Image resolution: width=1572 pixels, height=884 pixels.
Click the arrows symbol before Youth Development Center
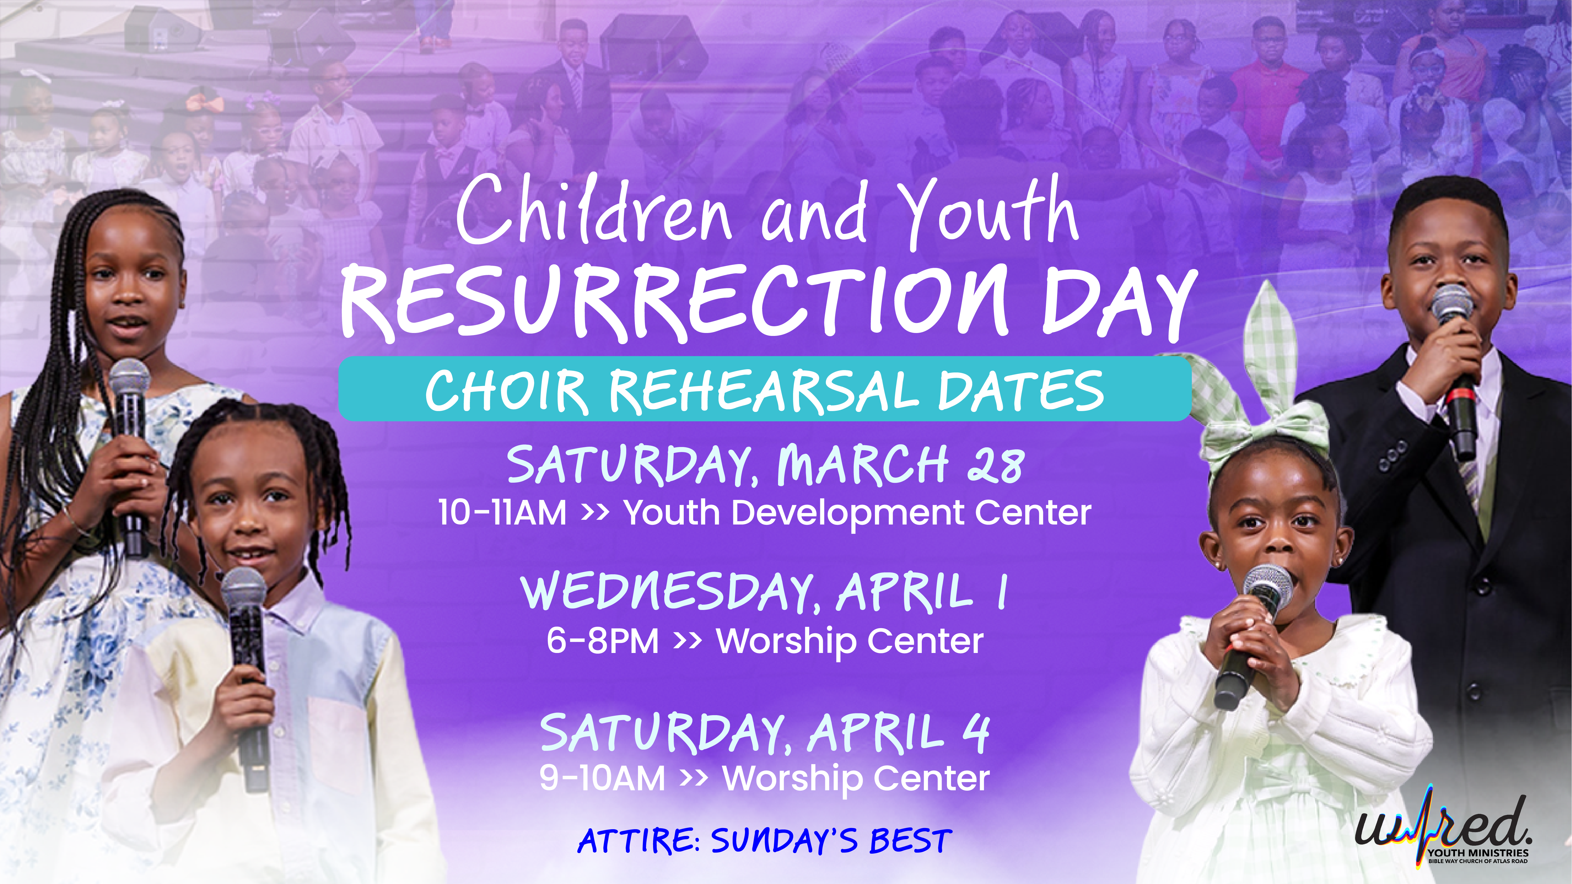595,512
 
